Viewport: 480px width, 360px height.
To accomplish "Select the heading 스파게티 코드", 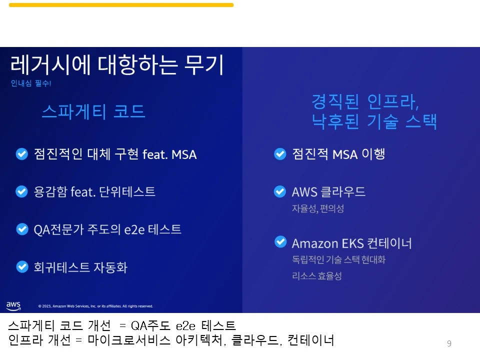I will point(93,111).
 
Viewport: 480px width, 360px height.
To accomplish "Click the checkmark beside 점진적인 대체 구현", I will point(22,154).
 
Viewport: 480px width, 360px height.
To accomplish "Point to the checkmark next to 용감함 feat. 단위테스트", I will point(22,191).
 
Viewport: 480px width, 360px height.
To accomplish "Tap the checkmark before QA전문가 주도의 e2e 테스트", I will point(22,229).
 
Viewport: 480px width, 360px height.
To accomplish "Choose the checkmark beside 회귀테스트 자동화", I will point(22,267).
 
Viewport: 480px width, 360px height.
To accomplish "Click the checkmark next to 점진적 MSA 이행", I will point(280,154).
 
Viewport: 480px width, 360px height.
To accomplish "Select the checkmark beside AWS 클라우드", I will point(280,191).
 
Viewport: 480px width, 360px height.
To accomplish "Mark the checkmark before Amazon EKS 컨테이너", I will point(280,242).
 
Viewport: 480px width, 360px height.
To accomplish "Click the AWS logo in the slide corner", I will point(13,305).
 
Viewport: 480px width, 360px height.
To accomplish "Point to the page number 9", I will point(449,343).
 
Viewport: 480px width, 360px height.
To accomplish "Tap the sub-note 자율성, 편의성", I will point(318,209).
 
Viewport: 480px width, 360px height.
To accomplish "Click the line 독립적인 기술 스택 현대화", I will point(338,260).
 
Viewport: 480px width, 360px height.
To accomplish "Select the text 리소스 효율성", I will point(317,276).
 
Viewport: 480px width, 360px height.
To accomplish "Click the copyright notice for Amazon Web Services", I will point(95,306).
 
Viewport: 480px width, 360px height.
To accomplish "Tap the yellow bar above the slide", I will point(121,5).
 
